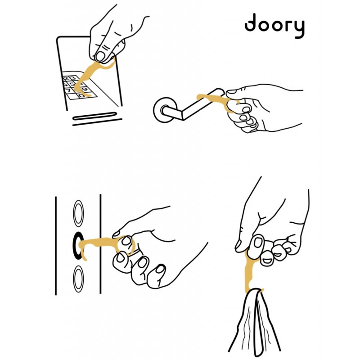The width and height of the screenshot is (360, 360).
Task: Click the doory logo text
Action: coord(274,26)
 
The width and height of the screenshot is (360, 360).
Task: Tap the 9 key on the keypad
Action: coord(85,89)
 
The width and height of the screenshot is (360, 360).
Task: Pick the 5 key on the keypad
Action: coord(72,84)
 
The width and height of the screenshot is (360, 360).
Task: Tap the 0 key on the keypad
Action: coord(81,95)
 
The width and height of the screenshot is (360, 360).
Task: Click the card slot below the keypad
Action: coord(95,116)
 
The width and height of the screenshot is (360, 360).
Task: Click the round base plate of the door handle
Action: coord(165,110)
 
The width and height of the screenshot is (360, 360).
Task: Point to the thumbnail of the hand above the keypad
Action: coord(100,56)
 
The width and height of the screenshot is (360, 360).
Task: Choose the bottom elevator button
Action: coord(78,279)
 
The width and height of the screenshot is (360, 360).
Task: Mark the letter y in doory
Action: coord(299,29)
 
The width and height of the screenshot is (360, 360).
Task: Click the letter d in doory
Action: coord(250,23)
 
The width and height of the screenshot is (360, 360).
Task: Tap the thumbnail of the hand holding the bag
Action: coord(258,242)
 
